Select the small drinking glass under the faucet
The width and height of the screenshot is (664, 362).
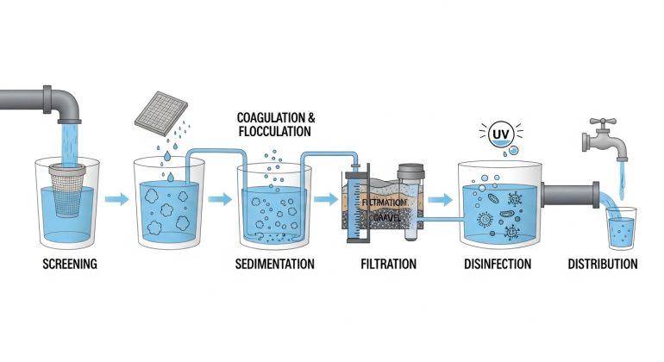(x=619, y=226)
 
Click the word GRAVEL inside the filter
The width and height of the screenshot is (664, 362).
(x=387, y=216)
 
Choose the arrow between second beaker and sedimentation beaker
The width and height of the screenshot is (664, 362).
(x=220, y=200)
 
